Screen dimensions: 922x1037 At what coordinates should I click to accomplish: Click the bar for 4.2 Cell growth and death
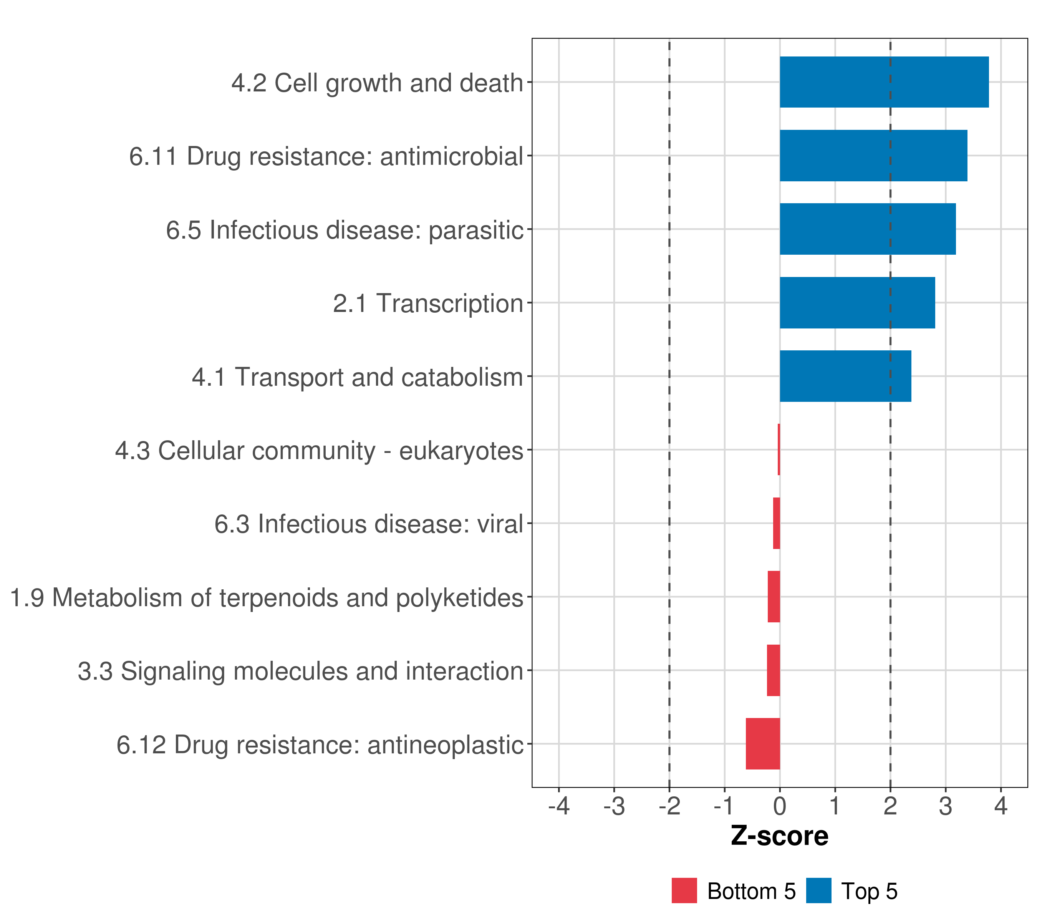[x=884, y=82]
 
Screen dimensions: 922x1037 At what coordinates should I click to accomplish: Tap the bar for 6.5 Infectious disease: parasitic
[x=868, y=229]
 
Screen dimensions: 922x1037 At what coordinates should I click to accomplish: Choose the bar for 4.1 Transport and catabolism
[x=845, y=376]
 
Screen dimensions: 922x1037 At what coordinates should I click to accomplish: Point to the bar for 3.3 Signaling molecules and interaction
[x=773, y=670]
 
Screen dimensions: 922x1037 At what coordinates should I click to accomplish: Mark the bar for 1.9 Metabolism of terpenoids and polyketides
[x=774, y=597]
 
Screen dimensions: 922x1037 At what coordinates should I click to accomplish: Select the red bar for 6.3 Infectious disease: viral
[x=776, y=523]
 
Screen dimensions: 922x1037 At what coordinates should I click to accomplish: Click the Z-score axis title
[x=779, y=836]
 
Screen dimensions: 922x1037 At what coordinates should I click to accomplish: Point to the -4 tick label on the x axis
[x=558, y=806]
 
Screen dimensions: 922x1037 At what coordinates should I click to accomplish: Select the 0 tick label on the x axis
[x=780, y=806]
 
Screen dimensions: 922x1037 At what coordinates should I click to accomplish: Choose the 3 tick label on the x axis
[x=945, y=806]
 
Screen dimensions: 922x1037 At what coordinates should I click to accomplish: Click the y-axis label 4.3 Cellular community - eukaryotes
[x=319, y=451]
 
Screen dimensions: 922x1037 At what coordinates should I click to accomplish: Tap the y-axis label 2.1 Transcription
[x=428, y=303]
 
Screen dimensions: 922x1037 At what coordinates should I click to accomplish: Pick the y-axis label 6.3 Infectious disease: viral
[x=368, y=524]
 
